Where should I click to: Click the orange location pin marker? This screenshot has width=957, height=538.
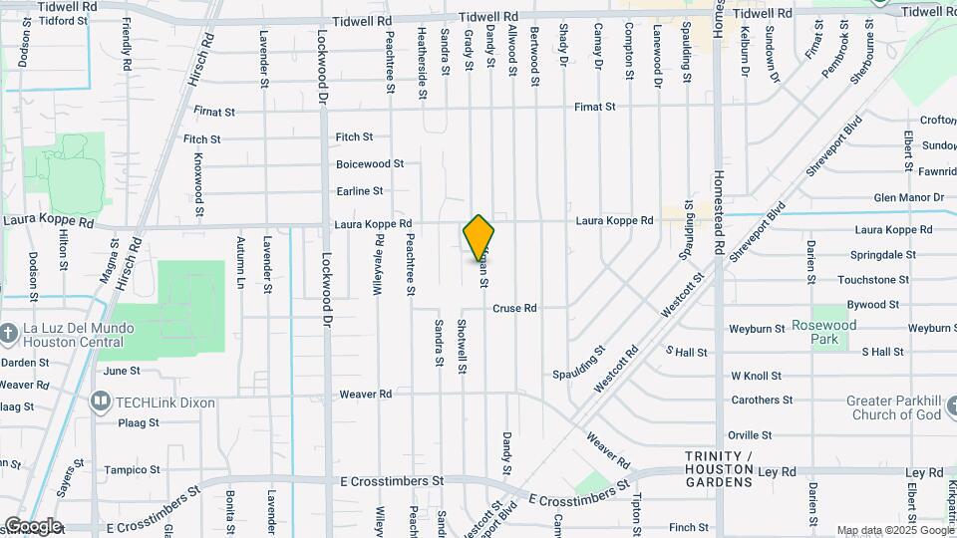coord(479,237)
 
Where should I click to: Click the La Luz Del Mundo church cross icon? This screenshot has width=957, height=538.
coord(9,332)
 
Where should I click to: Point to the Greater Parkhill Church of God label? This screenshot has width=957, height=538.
coord(893,407)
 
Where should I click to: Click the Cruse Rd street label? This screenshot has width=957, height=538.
coord(514,309)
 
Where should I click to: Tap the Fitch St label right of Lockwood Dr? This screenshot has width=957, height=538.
coord(354,137)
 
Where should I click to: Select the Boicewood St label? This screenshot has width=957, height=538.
coord(369,163)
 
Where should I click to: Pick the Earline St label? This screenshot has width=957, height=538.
coord(360,191)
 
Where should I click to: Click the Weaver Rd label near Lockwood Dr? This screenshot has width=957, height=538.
coord(365,395)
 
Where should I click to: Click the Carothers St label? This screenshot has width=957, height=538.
coord(762,401)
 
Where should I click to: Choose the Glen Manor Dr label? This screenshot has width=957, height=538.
coord(908,198)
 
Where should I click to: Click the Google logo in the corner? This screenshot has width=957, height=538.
coord(32,526)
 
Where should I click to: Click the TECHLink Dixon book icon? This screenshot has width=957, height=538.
coord(100,402)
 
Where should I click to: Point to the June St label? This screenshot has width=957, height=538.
coord(122,371)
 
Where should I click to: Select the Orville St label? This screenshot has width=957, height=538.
coord(750,435)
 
